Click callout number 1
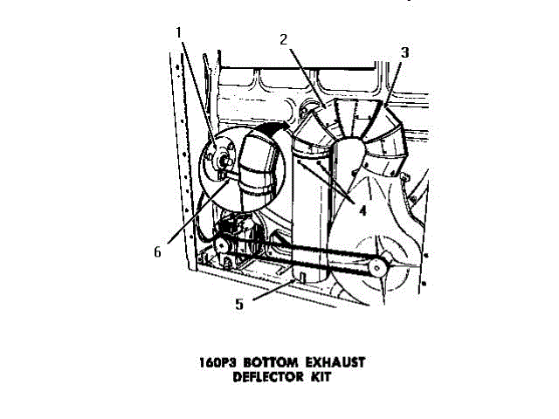[179, 33]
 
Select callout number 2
[284, 39]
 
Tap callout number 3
[404, 52]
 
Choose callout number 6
[158, 251]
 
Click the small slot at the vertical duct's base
[299, 278]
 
